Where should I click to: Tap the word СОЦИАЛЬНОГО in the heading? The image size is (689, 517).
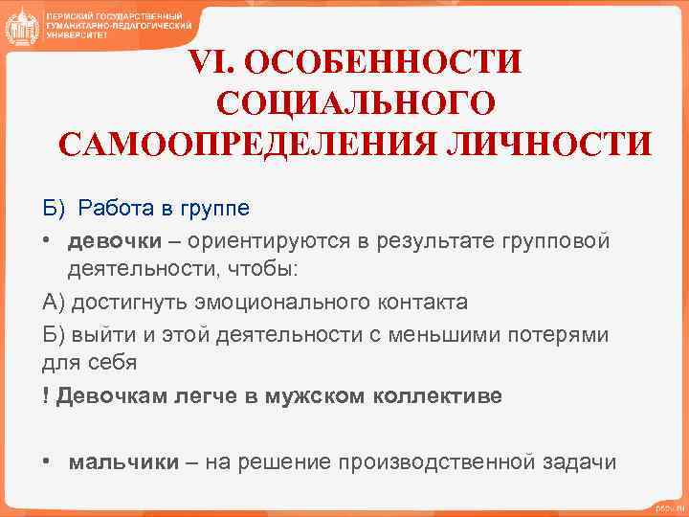356,103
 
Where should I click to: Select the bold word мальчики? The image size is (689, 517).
123,462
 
